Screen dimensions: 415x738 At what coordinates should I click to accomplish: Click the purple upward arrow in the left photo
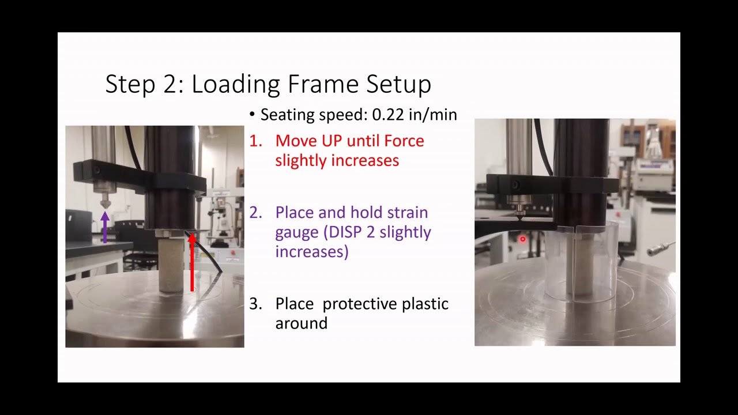105,227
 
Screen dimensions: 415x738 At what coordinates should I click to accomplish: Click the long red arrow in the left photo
192,262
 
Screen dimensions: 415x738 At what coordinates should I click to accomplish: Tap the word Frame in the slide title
323,84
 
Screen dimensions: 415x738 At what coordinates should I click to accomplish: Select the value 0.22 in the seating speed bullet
388,115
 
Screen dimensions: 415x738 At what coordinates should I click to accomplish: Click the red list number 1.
255,141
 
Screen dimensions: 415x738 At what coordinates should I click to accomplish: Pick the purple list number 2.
255,213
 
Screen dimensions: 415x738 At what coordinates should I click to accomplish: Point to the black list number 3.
255,304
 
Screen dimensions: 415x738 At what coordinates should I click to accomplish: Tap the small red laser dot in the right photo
523,239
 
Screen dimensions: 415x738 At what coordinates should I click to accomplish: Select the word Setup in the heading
398,85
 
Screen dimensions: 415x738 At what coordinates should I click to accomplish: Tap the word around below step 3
301,323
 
